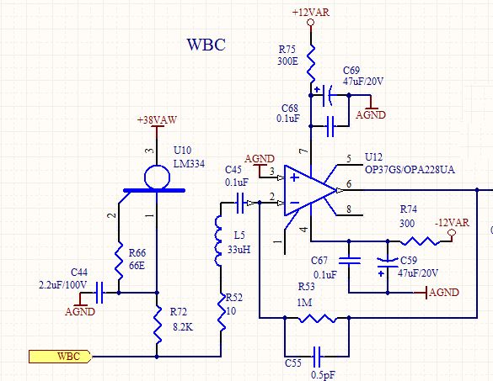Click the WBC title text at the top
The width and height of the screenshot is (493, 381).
pos(205,45)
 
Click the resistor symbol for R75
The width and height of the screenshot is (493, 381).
pos(311,61)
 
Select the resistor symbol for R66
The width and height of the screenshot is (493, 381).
pos(119,253)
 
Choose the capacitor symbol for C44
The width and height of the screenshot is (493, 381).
pos(99,293)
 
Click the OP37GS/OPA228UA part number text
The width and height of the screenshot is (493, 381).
pos(410,170)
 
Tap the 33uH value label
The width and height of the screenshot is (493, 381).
pos(238,250)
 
